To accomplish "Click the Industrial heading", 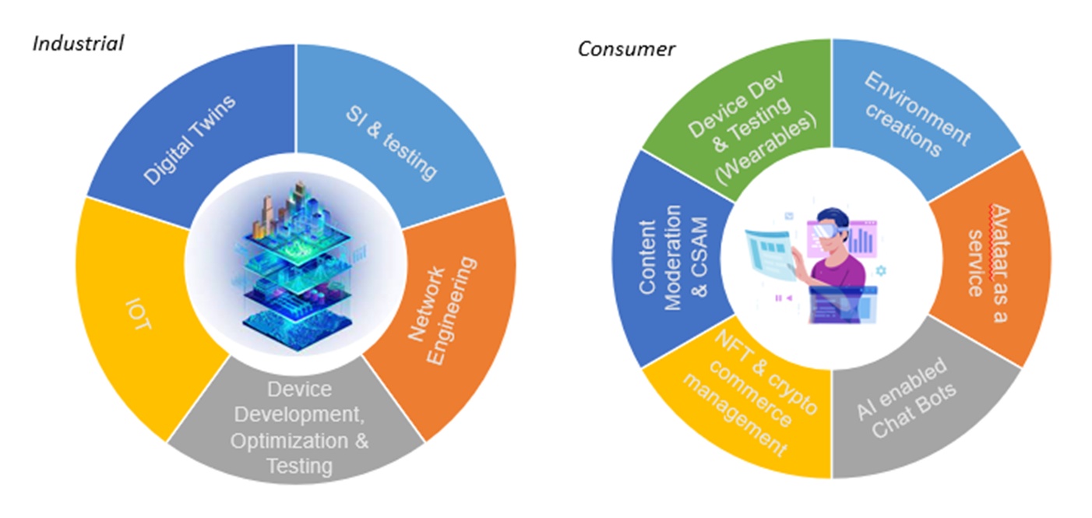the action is [x=78, y=44].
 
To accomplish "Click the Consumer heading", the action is [x=626, y=49].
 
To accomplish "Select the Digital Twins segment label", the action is [x=189, y=140].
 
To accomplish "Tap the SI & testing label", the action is [x=392, y=143].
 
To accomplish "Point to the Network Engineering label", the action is [x=442, y=310].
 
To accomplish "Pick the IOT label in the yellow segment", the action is [x=139, y=314].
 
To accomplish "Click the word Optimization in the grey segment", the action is [x=289, y=442].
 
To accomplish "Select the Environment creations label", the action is [x=918, y=115].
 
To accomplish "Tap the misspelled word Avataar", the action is [x=1000, y=242].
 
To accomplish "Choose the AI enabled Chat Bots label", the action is [x=907, y=398].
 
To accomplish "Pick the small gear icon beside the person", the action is [x=881, y=270].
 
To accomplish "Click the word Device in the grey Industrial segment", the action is [x=299, y=389].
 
